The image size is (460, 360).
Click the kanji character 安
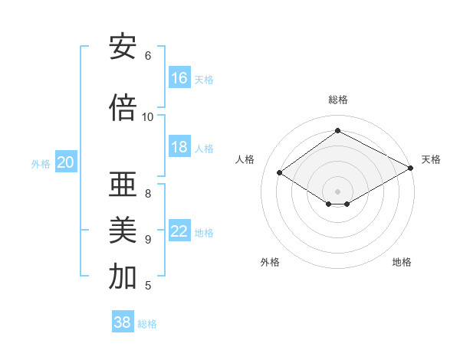(123, 47)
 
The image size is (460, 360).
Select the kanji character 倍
(123, 108)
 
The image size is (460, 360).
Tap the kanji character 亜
(123, 185)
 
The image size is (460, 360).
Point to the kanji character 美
(123, 231)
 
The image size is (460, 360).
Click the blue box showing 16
(179, 78)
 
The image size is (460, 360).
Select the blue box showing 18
(179, 147)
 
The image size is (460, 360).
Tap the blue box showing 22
(179, 231)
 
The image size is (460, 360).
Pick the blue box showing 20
(65, 162)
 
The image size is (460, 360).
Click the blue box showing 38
(123, 322)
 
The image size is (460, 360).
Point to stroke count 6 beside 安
(148, 56)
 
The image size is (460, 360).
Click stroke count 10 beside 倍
(148, 116)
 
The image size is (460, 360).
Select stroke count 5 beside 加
(148, 286)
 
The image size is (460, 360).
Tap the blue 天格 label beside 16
(204, 79)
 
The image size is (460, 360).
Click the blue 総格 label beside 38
(147, 324)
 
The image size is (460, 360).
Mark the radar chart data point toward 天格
(412, 169)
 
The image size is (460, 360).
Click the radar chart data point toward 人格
(280, 173)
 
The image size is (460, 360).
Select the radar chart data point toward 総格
(337, 131)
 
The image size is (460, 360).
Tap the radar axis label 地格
(402, 263)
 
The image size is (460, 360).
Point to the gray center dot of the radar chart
(337, 190)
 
